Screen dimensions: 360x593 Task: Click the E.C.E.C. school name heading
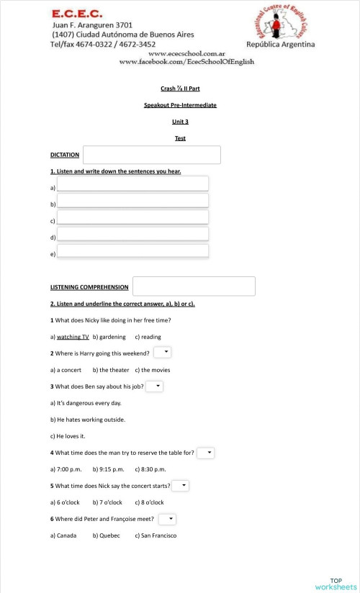point(77,13)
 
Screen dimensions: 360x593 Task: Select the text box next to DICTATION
point(151,155)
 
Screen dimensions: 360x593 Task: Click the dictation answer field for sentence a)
point(132,184)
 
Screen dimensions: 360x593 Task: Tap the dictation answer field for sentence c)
point(132,217)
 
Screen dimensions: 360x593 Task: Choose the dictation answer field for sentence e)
point(132,251)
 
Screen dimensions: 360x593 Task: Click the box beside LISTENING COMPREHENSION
point(194,286)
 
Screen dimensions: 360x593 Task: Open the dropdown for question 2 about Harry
point(163,352)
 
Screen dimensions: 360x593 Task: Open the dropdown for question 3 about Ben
point(155,386)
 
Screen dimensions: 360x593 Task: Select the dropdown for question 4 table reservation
point(206,453)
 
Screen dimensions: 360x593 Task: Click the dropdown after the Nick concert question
point(181,486)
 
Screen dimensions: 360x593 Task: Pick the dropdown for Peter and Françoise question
point(167,519)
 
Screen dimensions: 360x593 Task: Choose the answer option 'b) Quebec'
point(106,535)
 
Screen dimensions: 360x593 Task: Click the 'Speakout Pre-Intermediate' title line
point(180,105)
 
